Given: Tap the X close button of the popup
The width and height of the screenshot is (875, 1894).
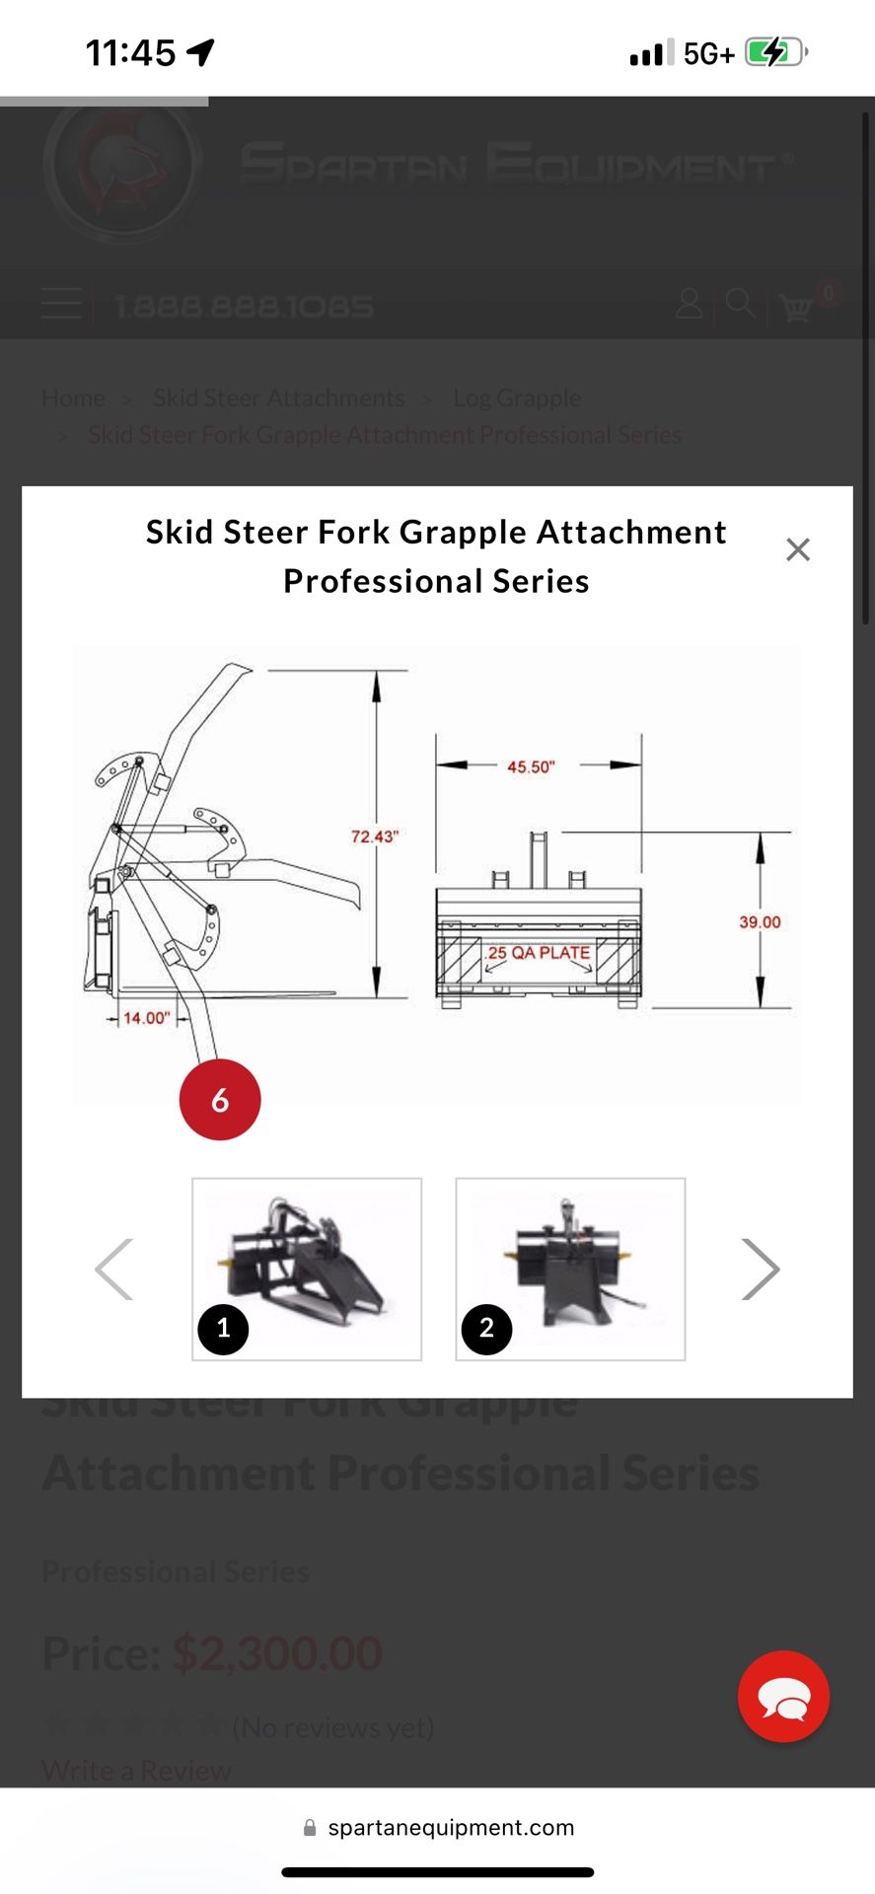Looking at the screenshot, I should click(x=797, y=549).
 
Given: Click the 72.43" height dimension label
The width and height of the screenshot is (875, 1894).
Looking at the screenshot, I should click(x=374, y=837).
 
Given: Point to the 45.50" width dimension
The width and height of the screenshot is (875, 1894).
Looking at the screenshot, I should click(x=531, y=766).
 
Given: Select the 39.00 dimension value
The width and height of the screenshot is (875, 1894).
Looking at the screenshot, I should click(x=760, y=922).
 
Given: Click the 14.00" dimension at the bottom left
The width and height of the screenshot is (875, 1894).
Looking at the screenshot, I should click(x=146, y=1017).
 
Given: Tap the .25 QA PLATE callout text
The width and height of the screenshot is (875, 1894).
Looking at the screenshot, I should click(x=538, y=953).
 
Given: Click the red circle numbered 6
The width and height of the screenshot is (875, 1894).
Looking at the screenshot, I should click(x=220, y=1100).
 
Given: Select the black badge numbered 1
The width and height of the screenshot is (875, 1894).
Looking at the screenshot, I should click(x=223, y=1329).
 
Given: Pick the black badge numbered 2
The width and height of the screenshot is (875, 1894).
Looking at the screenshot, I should click(x=486, y=1329).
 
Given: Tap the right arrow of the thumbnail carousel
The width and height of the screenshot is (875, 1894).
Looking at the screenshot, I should click(x=761, y=1270).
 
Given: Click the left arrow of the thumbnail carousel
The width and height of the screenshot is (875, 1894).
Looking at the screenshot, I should click(x=113, y=1270).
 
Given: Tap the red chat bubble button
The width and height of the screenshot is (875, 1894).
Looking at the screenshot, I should click(x=783, y=1696).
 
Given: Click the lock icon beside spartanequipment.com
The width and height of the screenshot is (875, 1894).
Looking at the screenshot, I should click(x=310, y=1828).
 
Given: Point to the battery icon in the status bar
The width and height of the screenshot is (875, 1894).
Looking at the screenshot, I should click(x=776, y=52).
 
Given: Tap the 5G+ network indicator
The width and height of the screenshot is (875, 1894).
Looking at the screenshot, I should click(x=708, y=53).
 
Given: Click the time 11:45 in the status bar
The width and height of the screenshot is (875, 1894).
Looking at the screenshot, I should click(x=130, y=52).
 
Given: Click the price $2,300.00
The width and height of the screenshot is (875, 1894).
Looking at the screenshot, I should click(x=277, y=1653).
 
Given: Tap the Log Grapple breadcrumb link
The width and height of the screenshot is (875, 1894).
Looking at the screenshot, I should click(x=517, y=398).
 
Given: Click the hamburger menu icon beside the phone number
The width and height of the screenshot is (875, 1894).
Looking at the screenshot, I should click(x=61, y=304).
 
